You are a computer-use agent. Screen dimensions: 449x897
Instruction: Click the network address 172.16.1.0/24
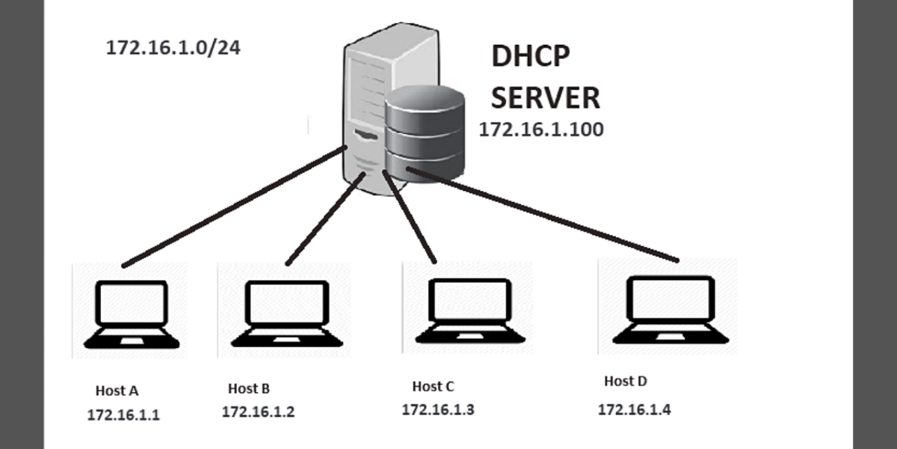click(173, 49)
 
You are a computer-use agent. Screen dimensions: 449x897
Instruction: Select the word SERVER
click(545, 97)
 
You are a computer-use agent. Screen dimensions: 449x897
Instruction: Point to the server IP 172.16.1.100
click(540, 129)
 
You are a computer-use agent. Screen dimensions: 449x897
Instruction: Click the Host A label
click(117, 391)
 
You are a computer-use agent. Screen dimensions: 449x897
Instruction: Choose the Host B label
click(249, 388)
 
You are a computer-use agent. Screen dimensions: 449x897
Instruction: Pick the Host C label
click(433, 387)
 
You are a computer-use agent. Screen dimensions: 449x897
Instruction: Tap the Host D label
click(625, 382)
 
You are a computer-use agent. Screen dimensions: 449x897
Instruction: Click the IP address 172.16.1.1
click(123, 415)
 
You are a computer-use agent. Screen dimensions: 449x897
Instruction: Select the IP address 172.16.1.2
click(258, 412)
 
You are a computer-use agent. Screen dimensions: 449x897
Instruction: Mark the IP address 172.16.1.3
click(438, 410)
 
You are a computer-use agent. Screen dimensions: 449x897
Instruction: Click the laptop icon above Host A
click(131, 314)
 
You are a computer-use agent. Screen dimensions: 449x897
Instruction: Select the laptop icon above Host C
click(470, 311)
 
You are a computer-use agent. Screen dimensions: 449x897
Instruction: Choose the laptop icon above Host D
click(668, 310)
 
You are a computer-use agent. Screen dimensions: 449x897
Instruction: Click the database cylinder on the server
click(424, 131)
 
